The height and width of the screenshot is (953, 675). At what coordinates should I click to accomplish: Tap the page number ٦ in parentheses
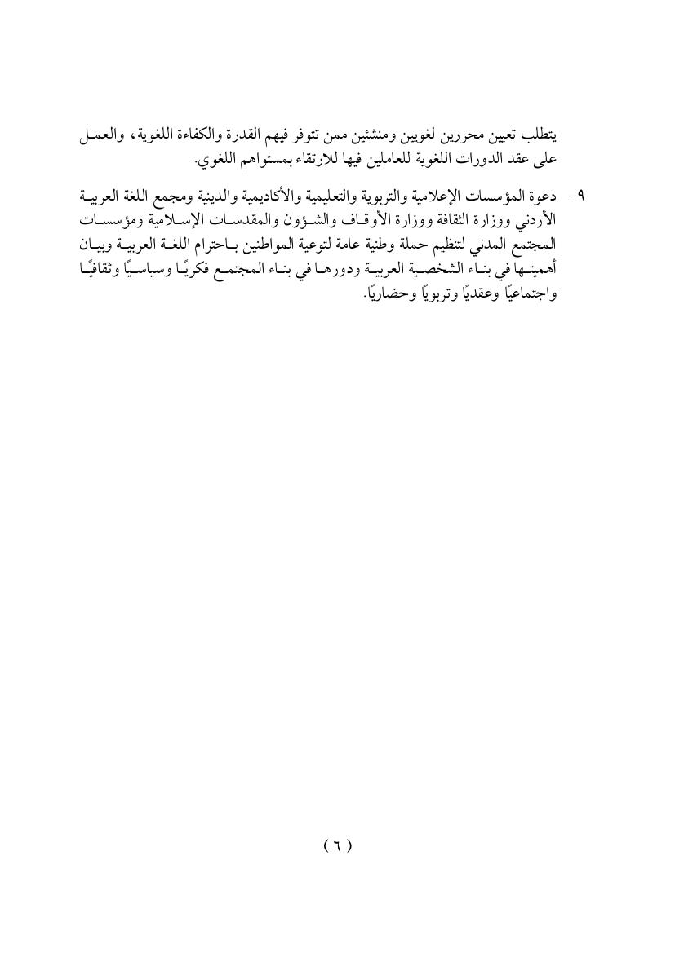coord(337,845)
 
